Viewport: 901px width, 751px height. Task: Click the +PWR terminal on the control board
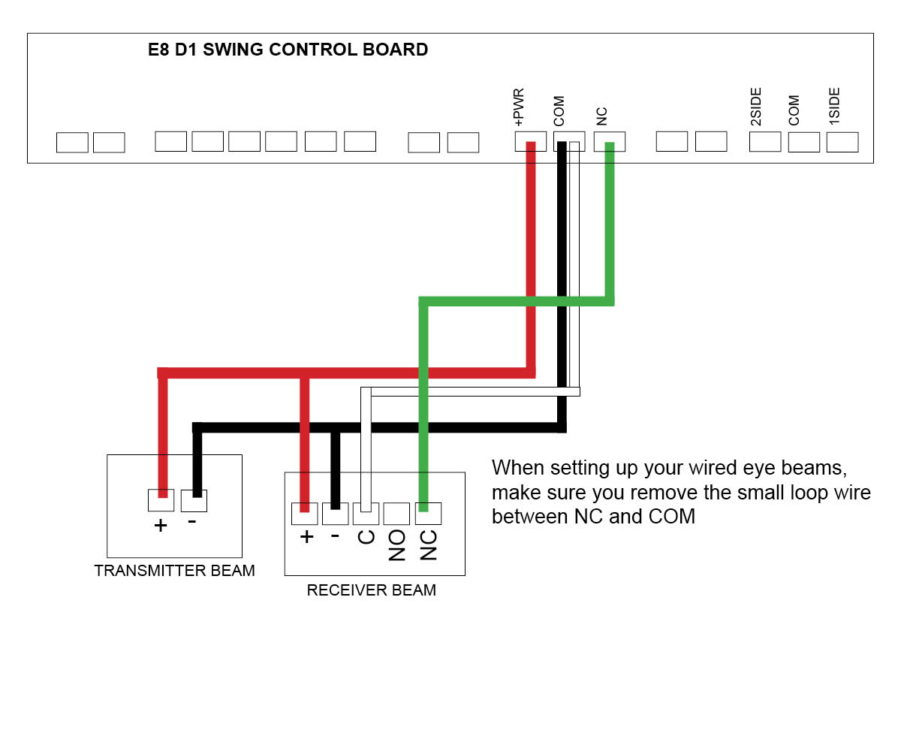pos(530,141)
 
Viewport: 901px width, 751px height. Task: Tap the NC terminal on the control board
pos(609,141)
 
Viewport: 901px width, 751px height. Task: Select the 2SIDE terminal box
pos(765,141)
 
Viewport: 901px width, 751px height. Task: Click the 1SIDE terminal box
pos(842,141)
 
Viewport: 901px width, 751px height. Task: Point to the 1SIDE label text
pos(834,107)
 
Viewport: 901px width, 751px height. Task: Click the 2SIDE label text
pos(756,107)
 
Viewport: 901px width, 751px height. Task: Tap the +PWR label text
pos(519,107)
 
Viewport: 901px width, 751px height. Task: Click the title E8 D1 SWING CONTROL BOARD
pos(288,50)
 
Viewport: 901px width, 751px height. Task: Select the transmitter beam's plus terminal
pos(161,499)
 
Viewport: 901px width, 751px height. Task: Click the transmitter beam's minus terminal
pos(194,499)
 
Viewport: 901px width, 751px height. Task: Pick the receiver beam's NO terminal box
pos(396,514)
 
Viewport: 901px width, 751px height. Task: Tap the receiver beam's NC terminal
pos(428,514)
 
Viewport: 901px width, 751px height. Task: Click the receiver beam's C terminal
pos(366,514)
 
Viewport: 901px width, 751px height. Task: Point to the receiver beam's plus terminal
pos(304,514)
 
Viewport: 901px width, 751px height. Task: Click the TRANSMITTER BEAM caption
pos(174,571)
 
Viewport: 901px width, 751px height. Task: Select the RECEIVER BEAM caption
pos(371,590)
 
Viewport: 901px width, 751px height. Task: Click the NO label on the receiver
pos(397,545)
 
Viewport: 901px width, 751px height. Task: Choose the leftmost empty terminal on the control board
pos(72,142)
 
